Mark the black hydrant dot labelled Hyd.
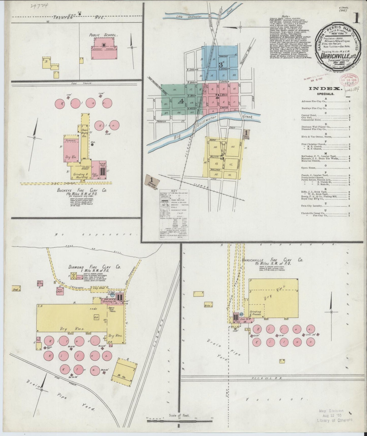(92, 144)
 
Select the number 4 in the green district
(181, 100)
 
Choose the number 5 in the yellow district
(222, 158)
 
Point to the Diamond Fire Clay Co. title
(94, 267)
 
